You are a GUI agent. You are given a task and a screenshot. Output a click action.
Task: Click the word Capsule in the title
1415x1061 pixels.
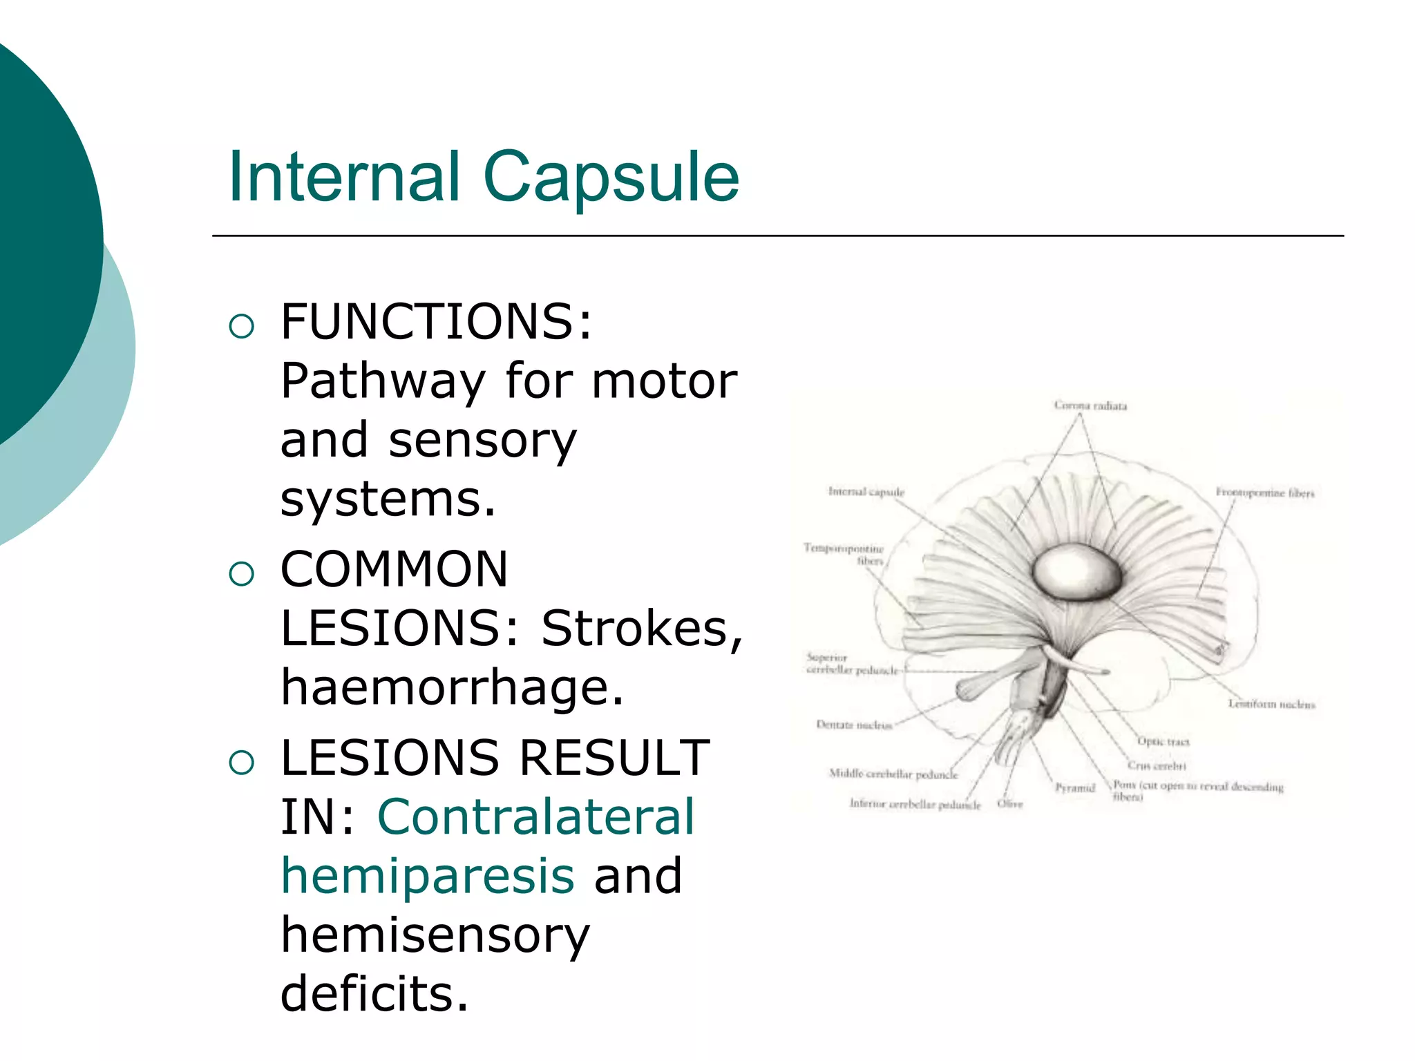click(x=611, y=178)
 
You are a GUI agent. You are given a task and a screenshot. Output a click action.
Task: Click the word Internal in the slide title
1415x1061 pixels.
click(x=343, y=178)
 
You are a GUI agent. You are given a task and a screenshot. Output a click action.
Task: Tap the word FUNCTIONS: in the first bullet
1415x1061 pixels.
click(x=436, y=322)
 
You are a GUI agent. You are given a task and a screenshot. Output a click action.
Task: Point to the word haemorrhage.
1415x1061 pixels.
click(x=452, y=687)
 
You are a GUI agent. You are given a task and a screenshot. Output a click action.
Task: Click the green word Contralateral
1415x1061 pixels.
click(x=535, y=816)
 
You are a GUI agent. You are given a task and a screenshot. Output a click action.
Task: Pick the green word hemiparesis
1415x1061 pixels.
click(x=427, y=875)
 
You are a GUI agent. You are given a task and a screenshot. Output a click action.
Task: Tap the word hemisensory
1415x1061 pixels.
click(x=435, y=935)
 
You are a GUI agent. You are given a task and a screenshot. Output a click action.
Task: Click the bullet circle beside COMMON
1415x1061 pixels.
click(x=241, y=573)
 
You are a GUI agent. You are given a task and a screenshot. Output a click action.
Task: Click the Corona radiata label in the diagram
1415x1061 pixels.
click(x=1090, y=405)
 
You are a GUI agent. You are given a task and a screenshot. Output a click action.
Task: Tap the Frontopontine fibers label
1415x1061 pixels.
click(x=1265, y=493)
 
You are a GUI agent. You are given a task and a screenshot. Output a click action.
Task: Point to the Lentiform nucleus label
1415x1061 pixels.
click(x=1271, y=704)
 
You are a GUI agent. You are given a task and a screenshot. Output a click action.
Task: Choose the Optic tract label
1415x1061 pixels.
click(x=1164, y=742)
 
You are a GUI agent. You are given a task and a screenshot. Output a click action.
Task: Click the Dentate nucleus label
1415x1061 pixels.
click(x=854, y=725)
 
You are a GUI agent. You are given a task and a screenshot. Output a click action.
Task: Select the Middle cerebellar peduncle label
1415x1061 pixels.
click(x=893, y=774)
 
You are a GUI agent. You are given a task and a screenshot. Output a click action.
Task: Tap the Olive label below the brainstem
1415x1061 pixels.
click(x=1009, y=804)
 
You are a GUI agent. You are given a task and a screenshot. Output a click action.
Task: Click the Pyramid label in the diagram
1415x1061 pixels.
click(x=1075, y=787)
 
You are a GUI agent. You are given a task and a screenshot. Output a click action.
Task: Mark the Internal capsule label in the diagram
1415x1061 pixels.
click(x=866, y=492)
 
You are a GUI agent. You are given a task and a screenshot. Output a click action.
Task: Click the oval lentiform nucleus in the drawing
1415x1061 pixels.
click(x=1076, y=571)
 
